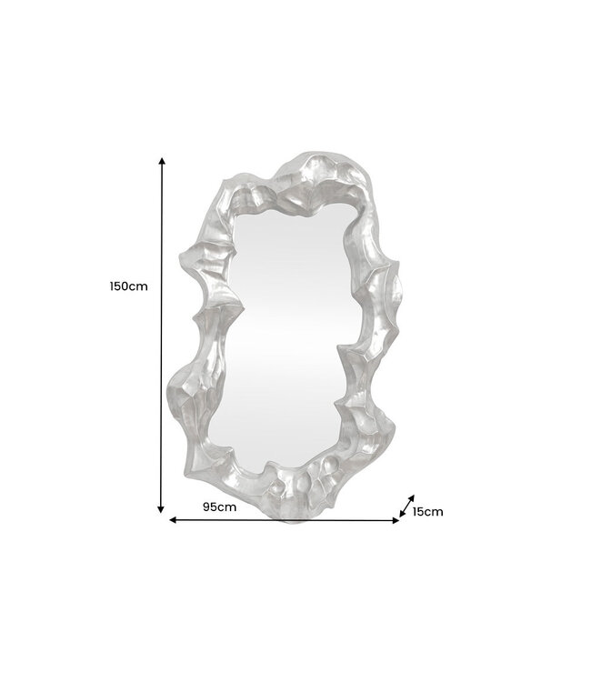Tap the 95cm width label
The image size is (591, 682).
click(x=219, y=506)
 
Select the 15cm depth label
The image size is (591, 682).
click(x=427, y=511)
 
